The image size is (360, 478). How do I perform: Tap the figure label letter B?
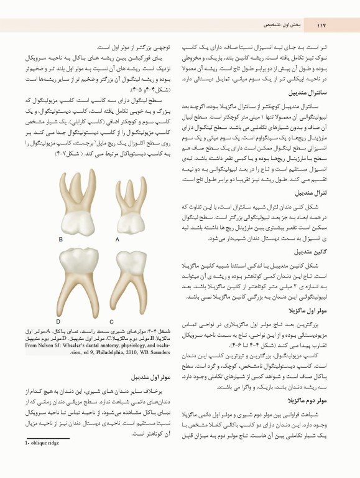[61, 239]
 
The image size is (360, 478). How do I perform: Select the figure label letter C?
[112, 321]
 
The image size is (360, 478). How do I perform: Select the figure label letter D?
[58, 321]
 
